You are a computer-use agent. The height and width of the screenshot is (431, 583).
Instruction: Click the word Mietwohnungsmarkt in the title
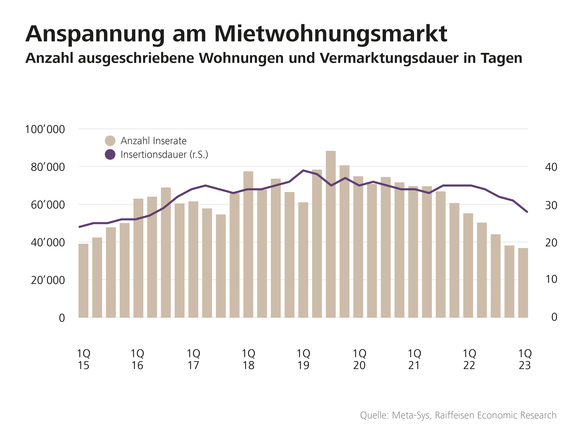(x=330, y=34)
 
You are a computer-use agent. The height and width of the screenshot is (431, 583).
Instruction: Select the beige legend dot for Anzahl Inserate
(x=110, y=141)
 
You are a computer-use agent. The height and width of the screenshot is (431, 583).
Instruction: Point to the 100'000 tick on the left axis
(x=45, y=129)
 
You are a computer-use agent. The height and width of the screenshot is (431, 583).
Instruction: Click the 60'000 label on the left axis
(x=48, y=205)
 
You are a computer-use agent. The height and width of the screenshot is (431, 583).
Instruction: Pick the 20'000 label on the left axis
(x=48, y=280)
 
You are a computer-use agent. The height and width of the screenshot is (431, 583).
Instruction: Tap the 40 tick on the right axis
(x=551, y=167)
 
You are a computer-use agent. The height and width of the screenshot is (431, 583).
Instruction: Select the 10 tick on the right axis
(x=551, y=279)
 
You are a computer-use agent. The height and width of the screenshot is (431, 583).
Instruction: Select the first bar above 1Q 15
(x=83, y=281)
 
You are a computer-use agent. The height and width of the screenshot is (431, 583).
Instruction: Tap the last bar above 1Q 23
(x=523, y=283)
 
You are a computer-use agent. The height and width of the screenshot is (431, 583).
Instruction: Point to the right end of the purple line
(x=527, y=212)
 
